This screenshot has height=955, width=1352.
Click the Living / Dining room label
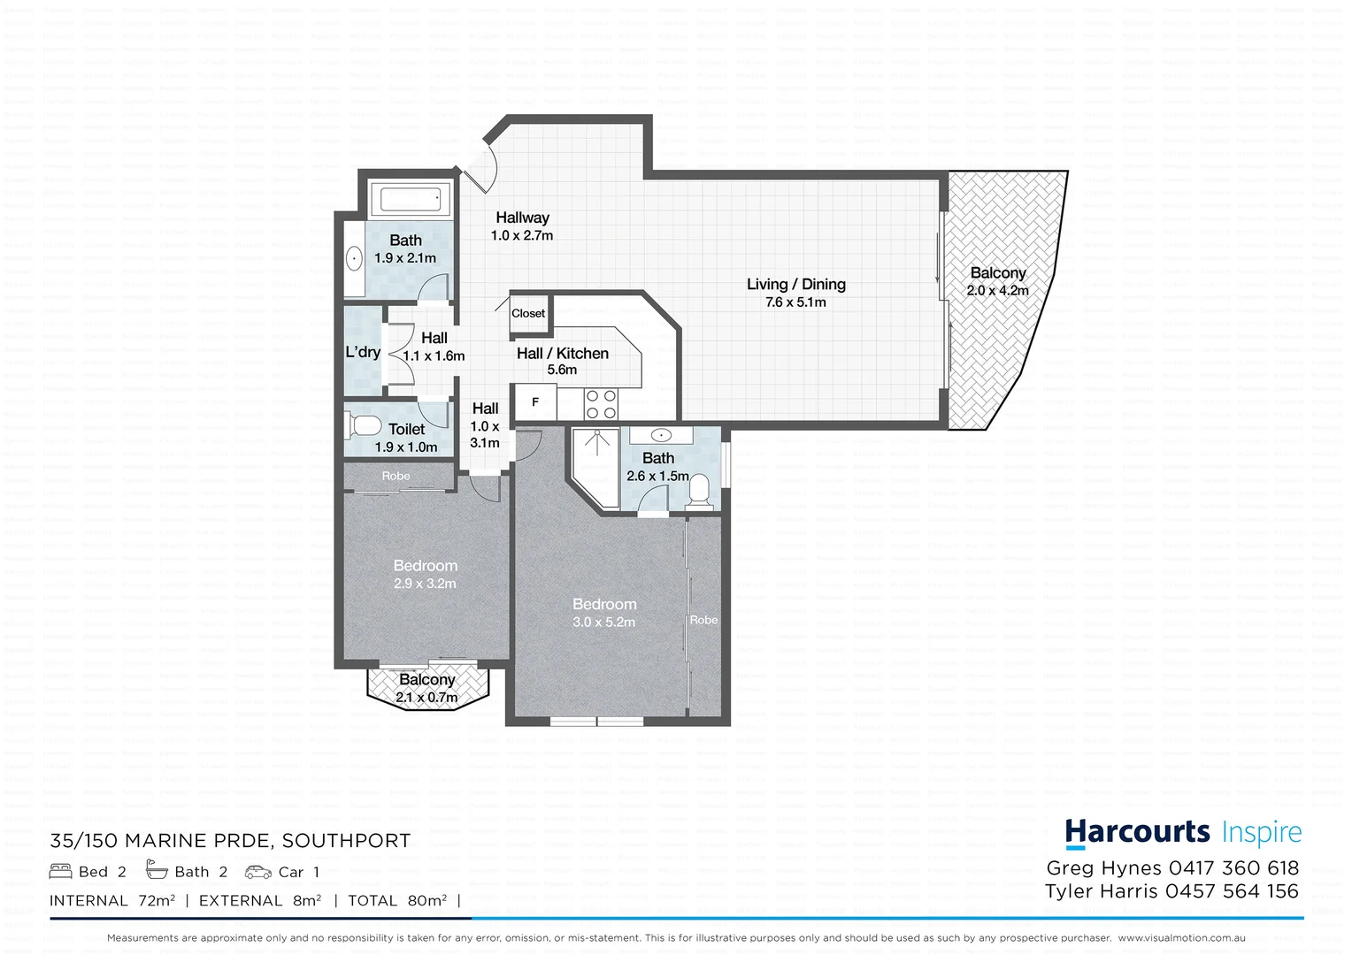point(795,284)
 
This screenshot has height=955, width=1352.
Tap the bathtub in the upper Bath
point(410,199)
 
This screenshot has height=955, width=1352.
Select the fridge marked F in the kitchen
point(534,402)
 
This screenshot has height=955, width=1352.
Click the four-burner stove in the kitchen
point(601,404)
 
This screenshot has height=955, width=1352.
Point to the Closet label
point(528,313)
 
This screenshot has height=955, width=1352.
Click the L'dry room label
point(363,352)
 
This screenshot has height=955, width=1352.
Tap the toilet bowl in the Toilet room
point(364,426)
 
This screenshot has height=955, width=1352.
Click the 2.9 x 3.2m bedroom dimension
point(425,584)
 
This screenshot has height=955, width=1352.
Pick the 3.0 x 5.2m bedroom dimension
point(603,623)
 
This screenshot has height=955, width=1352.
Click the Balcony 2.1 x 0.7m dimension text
point(426,698)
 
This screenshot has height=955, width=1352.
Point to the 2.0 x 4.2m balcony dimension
point(997,291)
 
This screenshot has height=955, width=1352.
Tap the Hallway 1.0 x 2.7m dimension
point(522,236)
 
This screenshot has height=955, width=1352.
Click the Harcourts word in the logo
point(1137,833)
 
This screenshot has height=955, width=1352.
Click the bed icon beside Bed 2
point(61,871)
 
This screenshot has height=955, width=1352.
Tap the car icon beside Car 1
point(258,872)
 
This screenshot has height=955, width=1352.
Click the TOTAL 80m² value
point(426,900)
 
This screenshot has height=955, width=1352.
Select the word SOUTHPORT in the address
point(358,841)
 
